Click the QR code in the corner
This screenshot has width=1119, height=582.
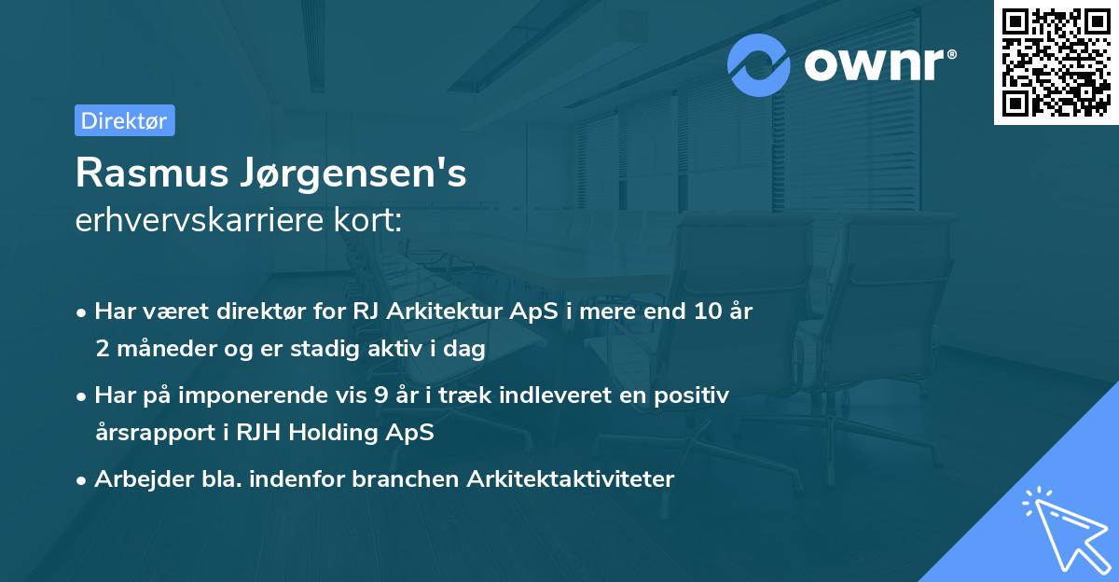tap(1056, 62)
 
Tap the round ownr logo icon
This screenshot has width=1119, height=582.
tap(759, 65)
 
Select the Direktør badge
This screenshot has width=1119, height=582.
tap(124, 120)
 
